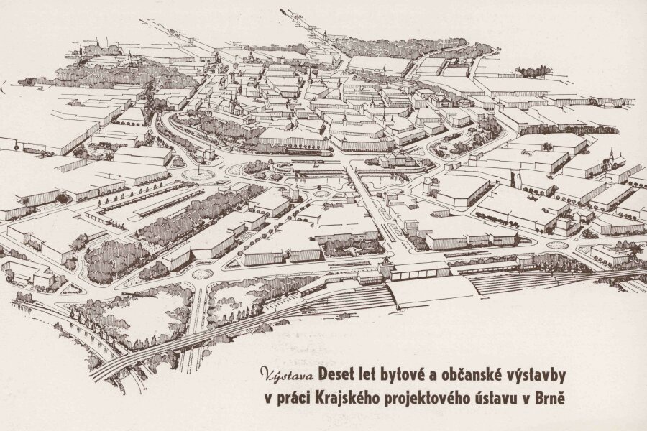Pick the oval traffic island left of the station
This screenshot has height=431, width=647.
pos(203,274)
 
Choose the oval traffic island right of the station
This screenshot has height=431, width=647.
pos(556,245)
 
